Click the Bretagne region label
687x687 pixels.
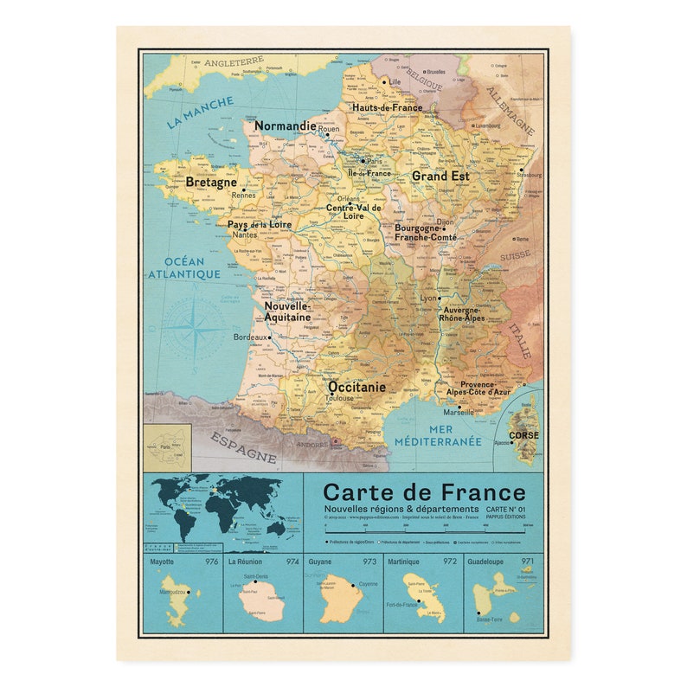point(210,183)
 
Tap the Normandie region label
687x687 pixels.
point(285,125)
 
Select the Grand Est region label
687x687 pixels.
point(440,176)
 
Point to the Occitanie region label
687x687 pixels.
point(356,387)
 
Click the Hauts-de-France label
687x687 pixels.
point(387,108)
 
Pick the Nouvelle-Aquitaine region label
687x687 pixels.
point(287,311)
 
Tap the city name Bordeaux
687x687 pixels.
point(250,337)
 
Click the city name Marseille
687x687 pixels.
point(459,412)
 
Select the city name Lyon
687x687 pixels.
point(428,298)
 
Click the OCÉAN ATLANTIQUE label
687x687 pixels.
point(183,268)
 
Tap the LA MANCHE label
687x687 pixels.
point(200,112)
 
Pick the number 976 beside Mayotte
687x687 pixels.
point(211,562)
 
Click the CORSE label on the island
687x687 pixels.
point(523,435)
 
